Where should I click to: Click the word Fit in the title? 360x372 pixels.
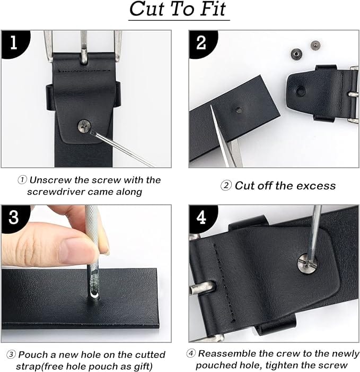coord(213,9)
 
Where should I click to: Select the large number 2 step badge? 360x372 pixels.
coord(201,43)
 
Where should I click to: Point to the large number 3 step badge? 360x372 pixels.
coord(14,218)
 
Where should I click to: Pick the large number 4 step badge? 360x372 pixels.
coord(201,218)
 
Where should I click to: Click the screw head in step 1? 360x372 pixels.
coord(84,126)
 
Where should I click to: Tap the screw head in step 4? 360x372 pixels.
coord(308,264)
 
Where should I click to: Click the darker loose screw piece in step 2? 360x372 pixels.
coord(296,54)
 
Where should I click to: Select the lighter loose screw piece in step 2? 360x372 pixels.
coord(315,45)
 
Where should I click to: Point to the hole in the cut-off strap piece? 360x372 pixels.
coord(238,110)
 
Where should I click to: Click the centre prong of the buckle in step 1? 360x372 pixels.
coord(84,47)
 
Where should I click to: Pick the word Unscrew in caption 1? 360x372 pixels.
coord(50,180)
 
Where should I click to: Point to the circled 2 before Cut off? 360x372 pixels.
coord(226,186)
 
